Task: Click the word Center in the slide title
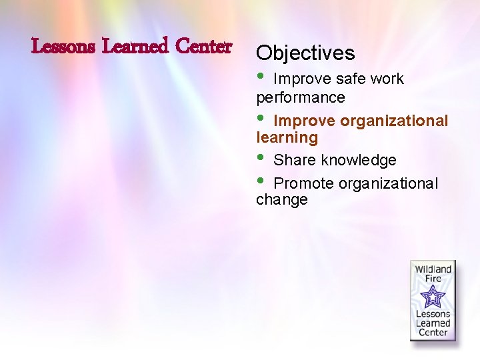coord(204,47)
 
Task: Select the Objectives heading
coord(305,53)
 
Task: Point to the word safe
coord(351,79)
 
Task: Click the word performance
coord(301,97)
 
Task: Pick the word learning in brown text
coord(287,138)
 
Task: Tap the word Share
coord(295,161)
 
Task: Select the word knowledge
coord(359,161)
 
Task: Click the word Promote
coord(303,183)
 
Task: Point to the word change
coord(282,200)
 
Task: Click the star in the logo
coord(433,295)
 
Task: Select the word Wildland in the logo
coord(433,269)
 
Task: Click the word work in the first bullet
coord(387,79)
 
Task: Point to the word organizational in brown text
coord(394,121)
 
